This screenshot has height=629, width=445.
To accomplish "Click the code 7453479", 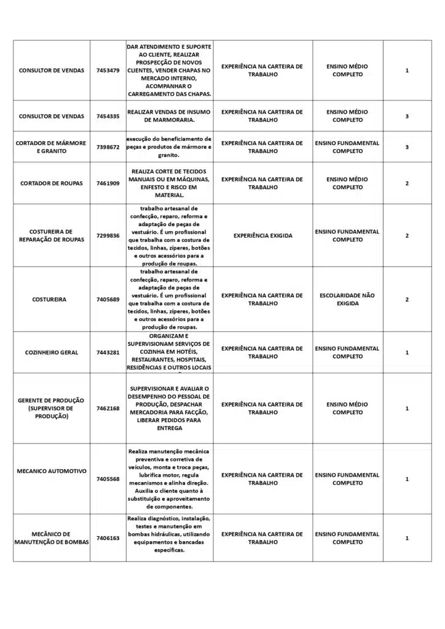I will [108, 71].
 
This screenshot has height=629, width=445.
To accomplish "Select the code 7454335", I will [108, 116].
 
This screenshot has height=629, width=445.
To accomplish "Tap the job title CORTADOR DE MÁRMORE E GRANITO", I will [52, 147].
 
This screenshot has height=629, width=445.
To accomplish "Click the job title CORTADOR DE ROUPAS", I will [52, 183].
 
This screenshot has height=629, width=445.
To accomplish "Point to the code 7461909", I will [108, 183].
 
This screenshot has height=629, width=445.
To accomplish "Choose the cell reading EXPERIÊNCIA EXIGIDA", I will [263, 235].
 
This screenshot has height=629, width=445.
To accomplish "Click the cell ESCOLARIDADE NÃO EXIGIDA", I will [347, 299].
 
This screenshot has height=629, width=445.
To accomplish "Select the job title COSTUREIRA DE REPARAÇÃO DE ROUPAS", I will [52, 235].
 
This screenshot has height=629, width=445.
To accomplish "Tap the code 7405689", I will [108, 300].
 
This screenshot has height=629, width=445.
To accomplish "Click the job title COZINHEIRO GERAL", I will [52, 353].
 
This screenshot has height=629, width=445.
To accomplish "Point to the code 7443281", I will [108, 353].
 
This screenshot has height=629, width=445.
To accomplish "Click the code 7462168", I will [108, 408].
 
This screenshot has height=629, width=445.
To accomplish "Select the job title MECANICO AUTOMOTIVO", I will [52, 471].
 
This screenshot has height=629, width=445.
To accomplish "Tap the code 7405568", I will [108, 479].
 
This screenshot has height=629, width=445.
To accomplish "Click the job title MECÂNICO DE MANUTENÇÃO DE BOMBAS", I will [52, 538].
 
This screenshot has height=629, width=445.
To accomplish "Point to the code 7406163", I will [108, 538].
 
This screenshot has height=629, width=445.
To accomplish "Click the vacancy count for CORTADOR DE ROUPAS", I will [407, 183].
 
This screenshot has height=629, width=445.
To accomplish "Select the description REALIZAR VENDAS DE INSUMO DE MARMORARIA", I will [170, 116].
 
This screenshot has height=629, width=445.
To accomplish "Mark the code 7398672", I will [108, 147].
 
